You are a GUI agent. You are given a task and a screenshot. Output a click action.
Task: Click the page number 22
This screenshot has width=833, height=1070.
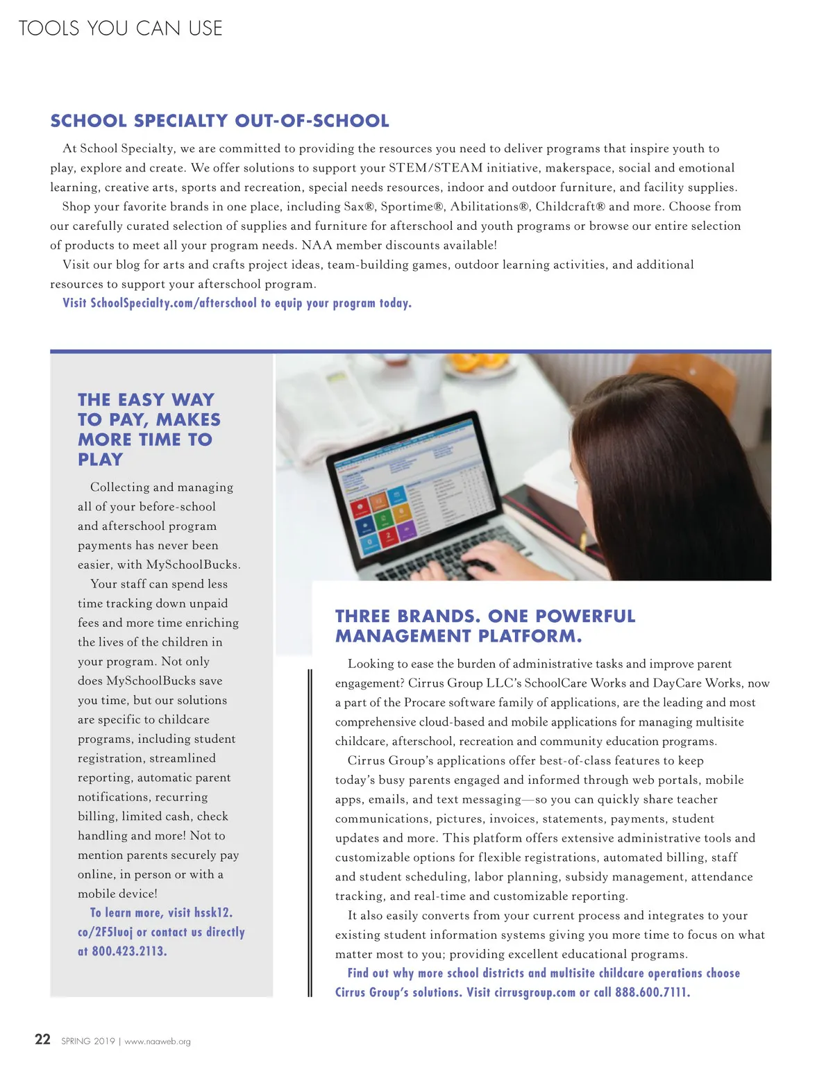tap(42, 1039)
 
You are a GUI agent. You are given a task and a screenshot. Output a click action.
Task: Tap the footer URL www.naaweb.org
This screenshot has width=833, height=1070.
tap(158, 1041)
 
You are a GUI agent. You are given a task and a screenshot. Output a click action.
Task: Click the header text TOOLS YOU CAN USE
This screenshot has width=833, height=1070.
tap(120, 28)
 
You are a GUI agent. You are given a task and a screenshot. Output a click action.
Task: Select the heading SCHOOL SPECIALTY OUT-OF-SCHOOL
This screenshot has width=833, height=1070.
tap(219, 121)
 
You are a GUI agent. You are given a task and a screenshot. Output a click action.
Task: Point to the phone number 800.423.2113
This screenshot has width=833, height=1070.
tap(129, 951)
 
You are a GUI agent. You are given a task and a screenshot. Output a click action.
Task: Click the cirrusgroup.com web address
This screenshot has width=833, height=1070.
tap(535, 992)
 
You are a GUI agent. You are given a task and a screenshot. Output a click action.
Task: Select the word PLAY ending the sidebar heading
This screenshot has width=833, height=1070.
tap(101, 460)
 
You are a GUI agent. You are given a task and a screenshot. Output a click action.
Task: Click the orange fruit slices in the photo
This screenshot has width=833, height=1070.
tap(479, 363)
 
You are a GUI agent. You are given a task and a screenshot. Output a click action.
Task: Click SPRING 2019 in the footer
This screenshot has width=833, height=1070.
tap(87, 1041)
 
